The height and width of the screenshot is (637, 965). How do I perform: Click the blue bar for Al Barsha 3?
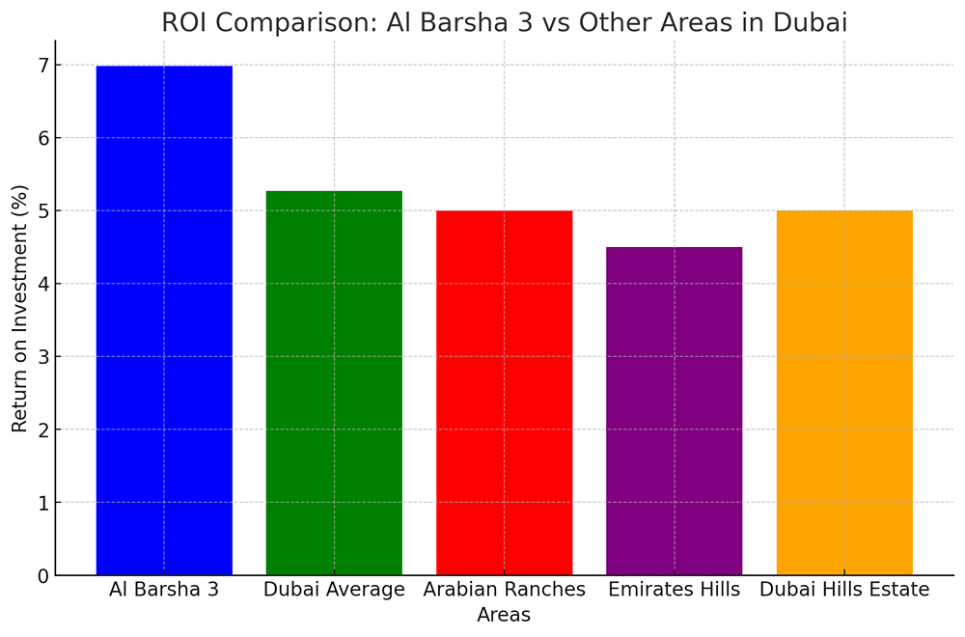(x=164, y=320)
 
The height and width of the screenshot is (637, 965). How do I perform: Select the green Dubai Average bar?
(x=334, y=383)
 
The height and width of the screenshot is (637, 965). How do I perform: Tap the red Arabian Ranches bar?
(x=504, y=393)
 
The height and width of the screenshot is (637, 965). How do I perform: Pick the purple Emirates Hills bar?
(x=675, y=411)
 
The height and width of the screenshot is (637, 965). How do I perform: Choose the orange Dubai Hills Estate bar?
(x=844, y=393)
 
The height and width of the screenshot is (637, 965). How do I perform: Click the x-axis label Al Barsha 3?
(x=164, y=590)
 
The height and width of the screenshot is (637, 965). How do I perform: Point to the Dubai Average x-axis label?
(x=334, y=590)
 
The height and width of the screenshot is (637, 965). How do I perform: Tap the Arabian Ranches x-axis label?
(x=504, y=590)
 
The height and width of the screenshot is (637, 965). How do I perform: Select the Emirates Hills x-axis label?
(x=675, y=590)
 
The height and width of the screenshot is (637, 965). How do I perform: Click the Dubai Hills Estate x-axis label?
(x=844, y=590)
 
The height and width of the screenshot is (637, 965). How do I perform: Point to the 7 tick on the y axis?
(x=43, y=66)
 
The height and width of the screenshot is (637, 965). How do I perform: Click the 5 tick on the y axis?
(x=43, y=211)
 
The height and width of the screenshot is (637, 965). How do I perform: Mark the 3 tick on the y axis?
(x=43, y=357)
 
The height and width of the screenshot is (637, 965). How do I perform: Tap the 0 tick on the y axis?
(x=43, y=576)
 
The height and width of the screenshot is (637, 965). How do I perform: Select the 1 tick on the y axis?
(x=43, y=503)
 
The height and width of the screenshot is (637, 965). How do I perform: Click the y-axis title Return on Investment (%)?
(x=20, y=308)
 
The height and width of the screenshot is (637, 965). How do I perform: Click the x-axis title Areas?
(x=504, y=615)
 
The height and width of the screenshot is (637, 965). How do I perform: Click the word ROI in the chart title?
(x=183, y=22)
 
